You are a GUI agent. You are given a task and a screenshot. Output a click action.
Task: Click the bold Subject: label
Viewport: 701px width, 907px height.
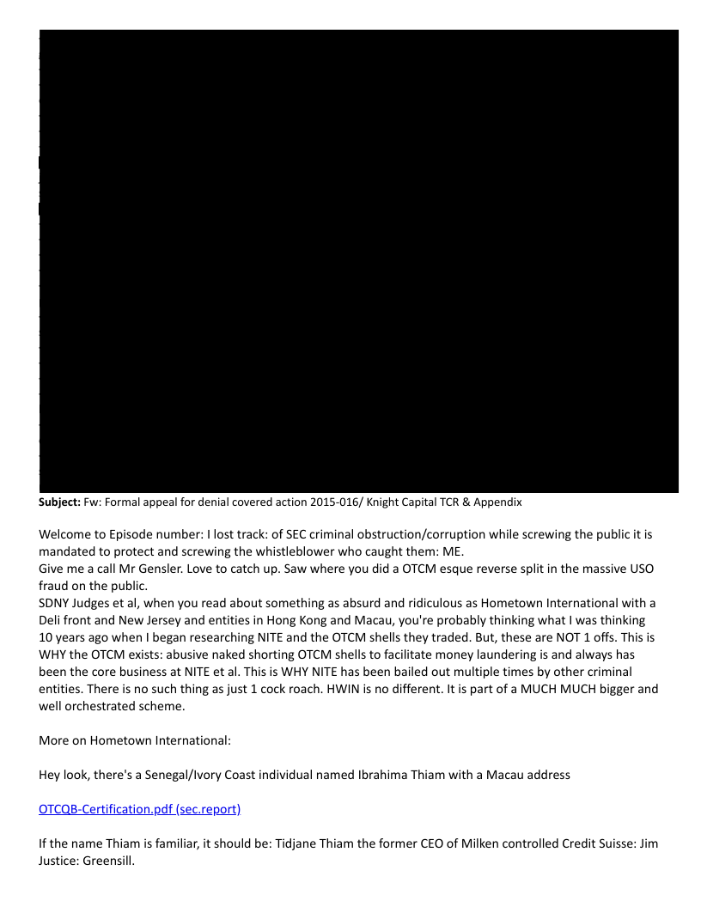(x=59, y=502)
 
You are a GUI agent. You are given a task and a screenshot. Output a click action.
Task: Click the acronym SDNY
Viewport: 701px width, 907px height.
(x=57, y=601)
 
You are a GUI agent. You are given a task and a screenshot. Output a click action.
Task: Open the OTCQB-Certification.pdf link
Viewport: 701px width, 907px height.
(x=140, y=809)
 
